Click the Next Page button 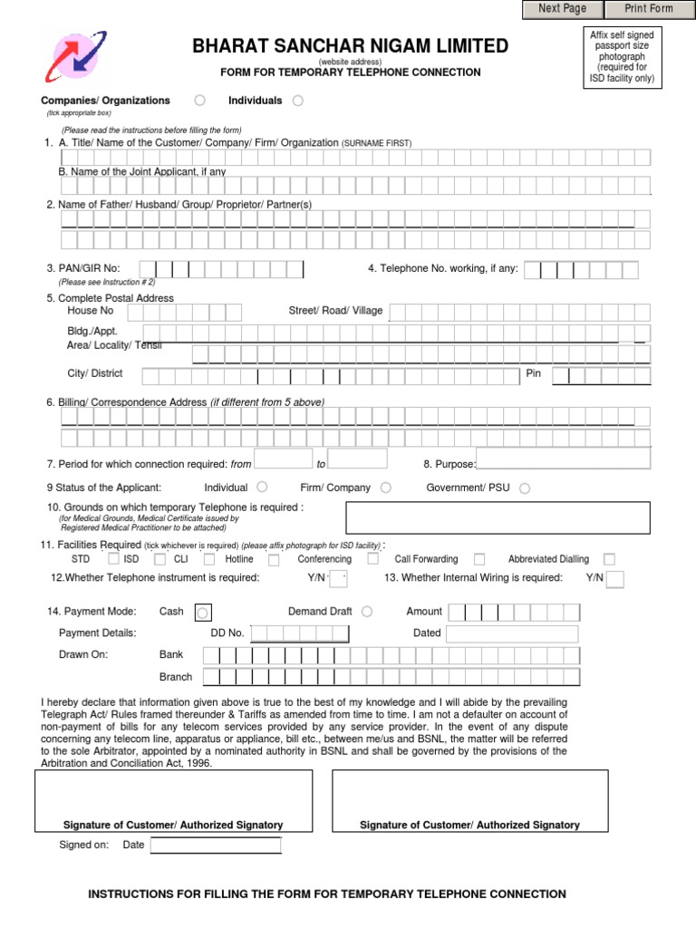(x=562, y=9)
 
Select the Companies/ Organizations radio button (x=199, y=101)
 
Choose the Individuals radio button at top (x=298, y=101)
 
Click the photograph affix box (x=621, y=57)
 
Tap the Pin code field (x=600, y=375)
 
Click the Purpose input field (x=563, y=459)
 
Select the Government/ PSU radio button (x=525, y=488)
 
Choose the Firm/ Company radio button (x=386, y=488)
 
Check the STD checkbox (x=112, y=559)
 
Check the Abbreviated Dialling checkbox (x=609, y=559)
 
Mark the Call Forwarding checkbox (x=479, y=559)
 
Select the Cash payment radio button (x=203, y=612)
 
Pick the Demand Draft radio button (x=366, y=612)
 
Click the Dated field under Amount (x=512, y=633)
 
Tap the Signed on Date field (x=215, y=845)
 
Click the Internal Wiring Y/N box (x=615, y=579)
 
